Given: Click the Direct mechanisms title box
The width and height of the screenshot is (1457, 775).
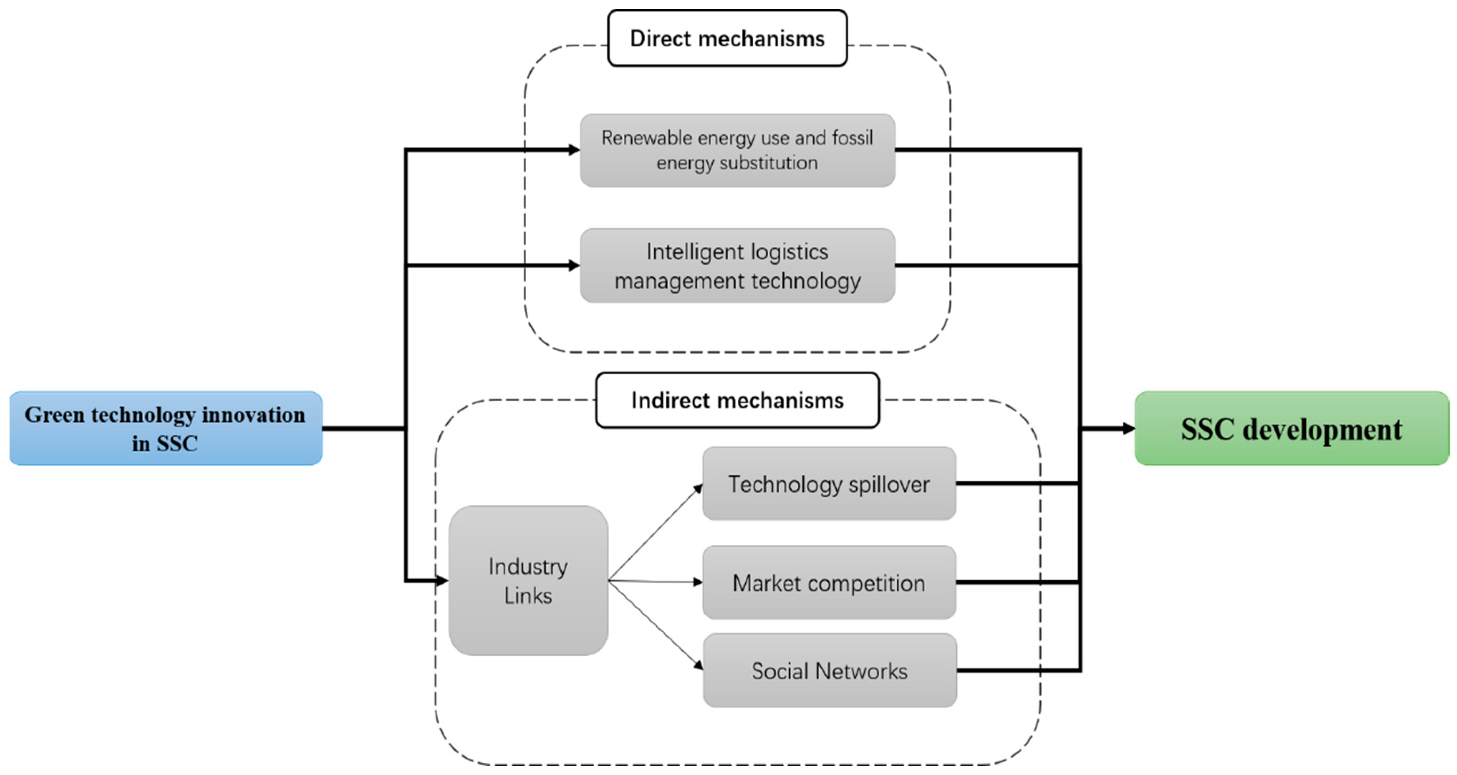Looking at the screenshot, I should (727, 38).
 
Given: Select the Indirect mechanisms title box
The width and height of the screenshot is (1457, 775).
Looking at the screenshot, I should (737, 400).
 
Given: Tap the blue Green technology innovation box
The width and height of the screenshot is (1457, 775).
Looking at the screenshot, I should (166, 428).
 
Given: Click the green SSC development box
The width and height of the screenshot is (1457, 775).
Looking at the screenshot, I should (1291, 428).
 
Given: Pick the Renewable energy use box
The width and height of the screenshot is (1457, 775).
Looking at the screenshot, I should (737, 151).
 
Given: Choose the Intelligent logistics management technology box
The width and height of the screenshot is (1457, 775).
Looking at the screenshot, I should (737, 265).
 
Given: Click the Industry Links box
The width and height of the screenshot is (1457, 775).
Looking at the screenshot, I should (528, 581).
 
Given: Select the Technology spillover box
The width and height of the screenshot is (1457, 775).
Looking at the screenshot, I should (829, 484).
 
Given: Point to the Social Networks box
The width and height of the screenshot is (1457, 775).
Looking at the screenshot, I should (829, 670).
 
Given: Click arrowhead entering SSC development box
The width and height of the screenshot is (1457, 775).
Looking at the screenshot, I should (1128, 428).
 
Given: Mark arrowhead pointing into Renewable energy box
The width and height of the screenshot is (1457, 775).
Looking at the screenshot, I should (573, 150).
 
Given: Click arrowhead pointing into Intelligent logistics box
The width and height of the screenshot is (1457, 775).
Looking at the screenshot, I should (573, 265).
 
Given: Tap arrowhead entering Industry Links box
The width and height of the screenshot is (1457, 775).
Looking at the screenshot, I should (442, 581).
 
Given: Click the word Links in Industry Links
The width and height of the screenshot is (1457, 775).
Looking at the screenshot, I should (528, 596).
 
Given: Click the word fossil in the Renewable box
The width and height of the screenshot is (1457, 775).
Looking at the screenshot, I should (852, 138).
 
